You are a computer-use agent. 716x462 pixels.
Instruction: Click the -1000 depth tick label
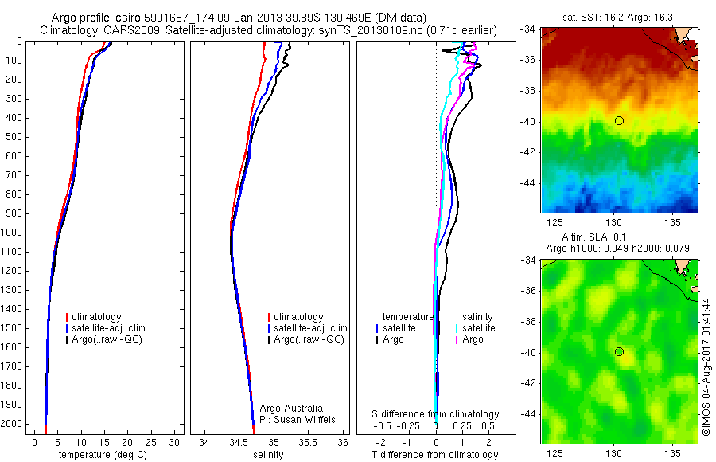(13, 233)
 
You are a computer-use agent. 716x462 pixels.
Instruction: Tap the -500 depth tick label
(14, 137)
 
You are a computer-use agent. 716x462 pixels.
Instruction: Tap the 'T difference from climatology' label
(434, 455)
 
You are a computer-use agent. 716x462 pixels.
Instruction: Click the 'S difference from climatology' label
(435, 414)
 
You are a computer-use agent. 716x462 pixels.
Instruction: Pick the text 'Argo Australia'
(292, 409)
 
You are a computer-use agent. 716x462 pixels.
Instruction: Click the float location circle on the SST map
(619, 120)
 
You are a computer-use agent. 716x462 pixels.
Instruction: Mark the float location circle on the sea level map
(619, 351)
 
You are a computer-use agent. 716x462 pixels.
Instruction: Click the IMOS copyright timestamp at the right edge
(706, 367)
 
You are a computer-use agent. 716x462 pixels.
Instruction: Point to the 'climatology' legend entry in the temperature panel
(99, 317)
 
